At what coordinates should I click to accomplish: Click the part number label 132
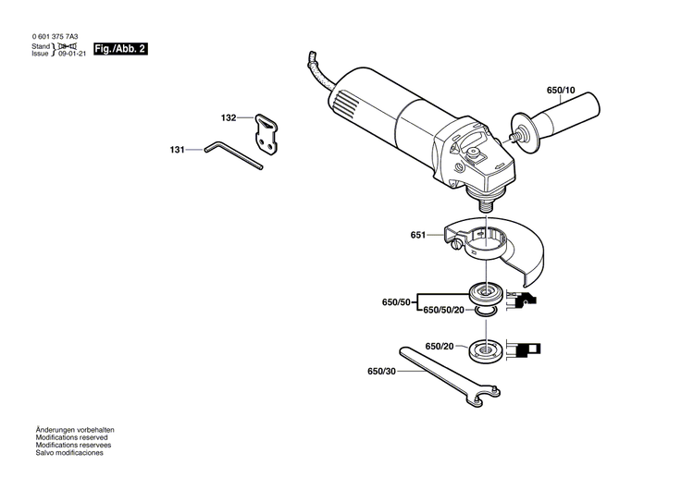tap(229, 118)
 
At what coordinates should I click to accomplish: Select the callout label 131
tap(177, 148)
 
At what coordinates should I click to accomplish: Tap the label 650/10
tap(561, 91)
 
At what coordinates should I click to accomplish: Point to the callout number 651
tap(418, 236)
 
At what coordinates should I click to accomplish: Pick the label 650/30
tap(380, 373)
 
